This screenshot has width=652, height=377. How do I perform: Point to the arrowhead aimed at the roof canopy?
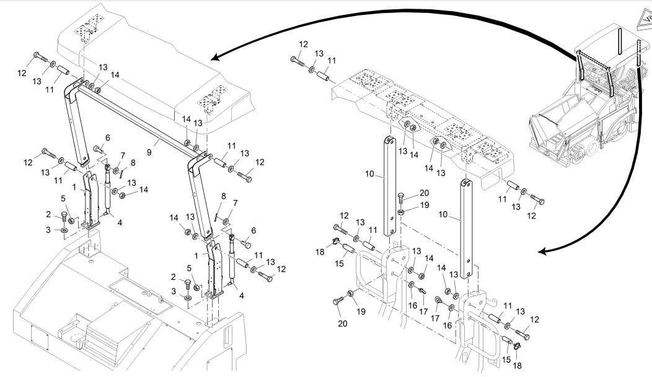214,58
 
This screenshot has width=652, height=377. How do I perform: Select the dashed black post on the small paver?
639,62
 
